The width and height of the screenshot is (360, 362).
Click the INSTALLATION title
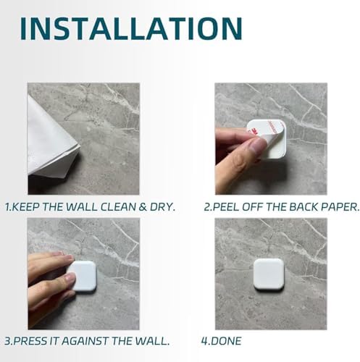coord(131,28)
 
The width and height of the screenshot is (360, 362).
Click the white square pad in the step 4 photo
coord(269,274)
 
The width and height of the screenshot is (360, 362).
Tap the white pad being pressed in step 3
coord(83,276)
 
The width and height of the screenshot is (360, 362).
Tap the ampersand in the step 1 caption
coord(143,207)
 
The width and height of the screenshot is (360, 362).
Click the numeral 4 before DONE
coord(204,341)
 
